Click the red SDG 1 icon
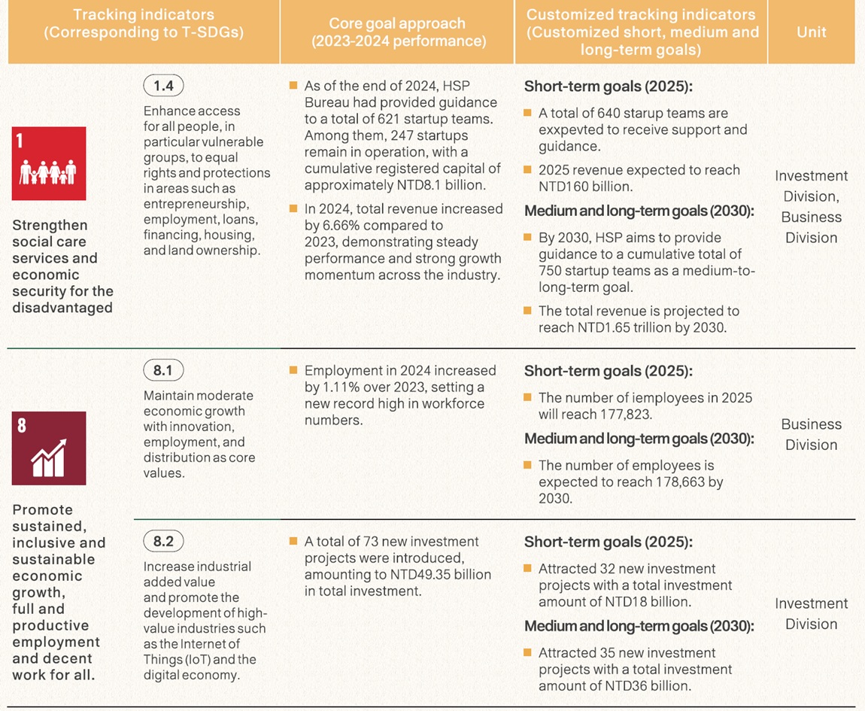49,163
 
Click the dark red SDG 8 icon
49,448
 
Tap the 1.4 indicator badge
163,86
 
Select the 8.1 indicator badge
163,370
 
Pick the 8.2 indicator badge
163,541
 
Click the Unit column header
811,32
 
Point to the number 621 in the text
408,119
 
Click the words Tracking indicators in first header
143,15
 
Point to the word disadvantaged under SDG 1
62,308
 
